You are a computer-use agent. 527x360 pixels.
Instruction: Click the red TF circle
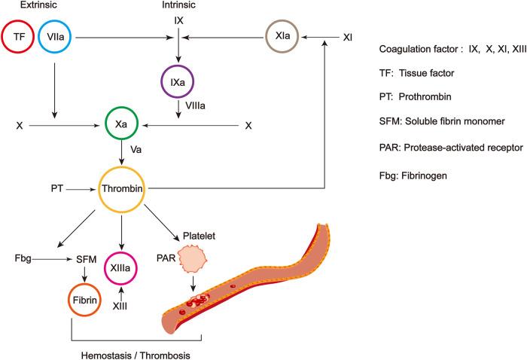pos(20,36)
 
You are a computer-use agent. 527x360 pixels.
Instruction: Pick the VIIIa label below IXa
pos(189,106)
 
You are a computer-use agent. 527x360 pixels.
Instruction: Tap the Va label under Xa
pos(136,150)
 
